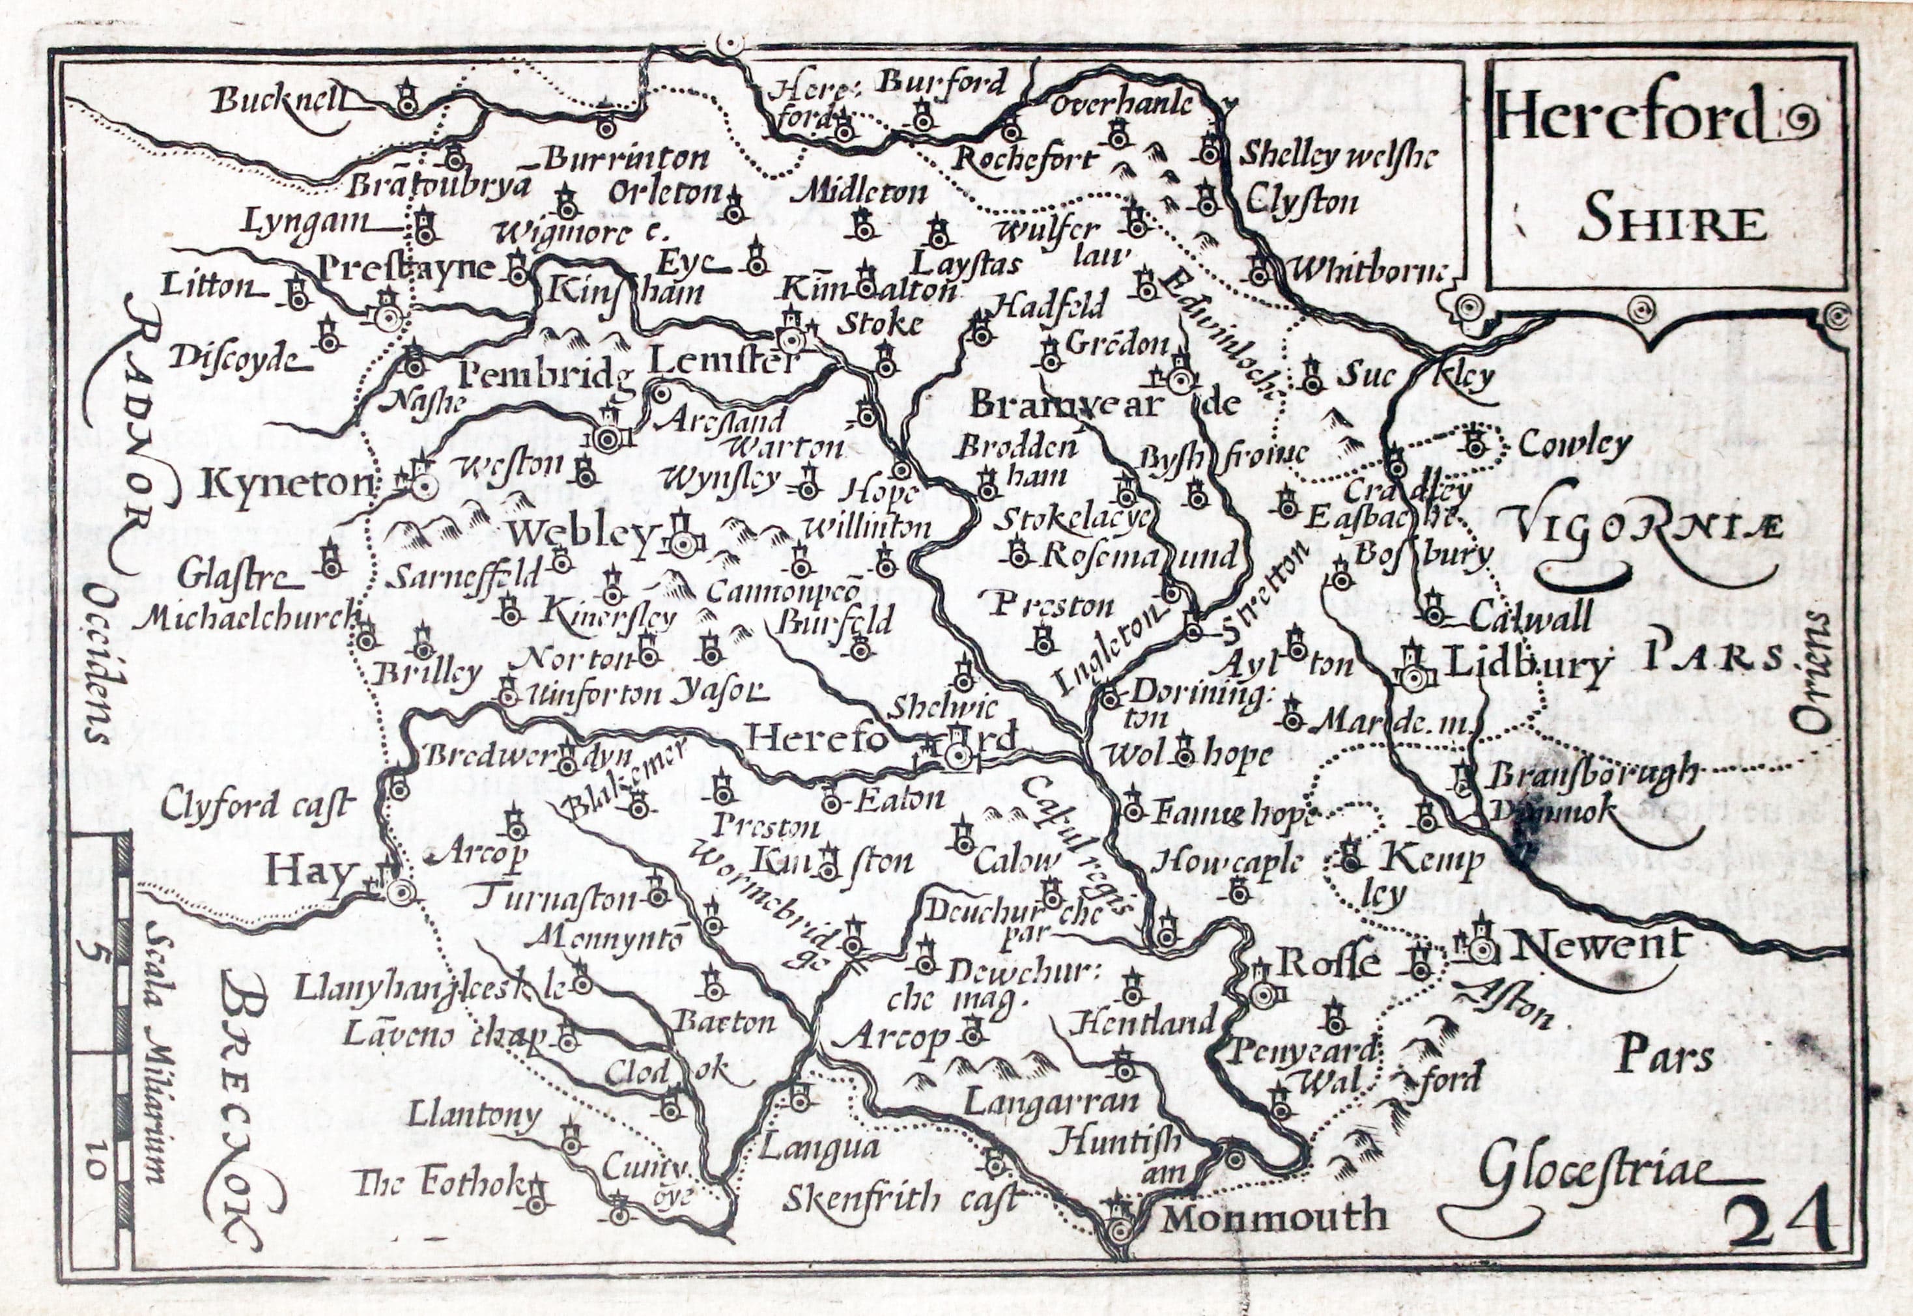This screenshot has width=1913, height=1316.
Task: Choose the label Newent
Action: (1596, 945)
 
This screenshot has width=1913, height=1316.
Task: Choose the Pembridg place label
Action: (545, 377)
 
